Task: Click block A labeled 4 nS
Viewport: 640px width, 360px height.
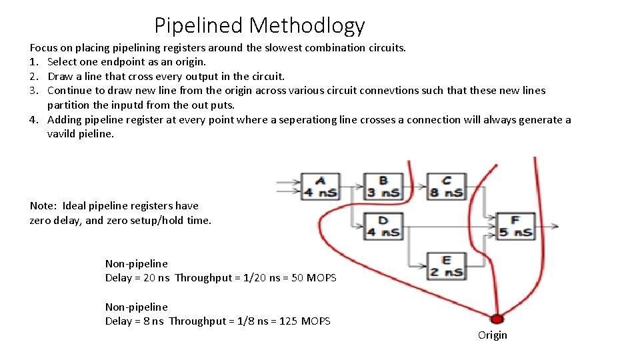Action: pos(320,187)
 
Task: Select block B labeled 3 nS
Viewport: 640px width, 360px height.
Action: pos(383,187)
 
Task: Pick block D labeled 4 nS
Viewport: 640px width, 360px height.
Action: pos(383,226)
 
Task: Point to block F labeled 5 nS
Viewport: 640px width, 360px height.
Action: pos(515,226)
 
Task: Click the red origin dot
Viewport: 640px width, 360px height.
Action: pos(495,319)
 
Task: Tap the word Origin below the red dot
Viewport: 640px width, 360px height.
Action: pos(492,335)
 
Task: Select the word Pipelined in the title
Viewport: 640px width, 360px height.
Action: pos(199,25)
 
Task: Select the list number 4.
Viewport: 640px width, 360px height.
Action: pos(33,120)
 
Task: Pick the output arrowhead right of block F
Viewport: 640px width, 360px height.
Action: pos(555,227)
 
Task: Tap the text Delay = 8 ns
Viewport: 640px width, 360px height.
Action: pos(134,321)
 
